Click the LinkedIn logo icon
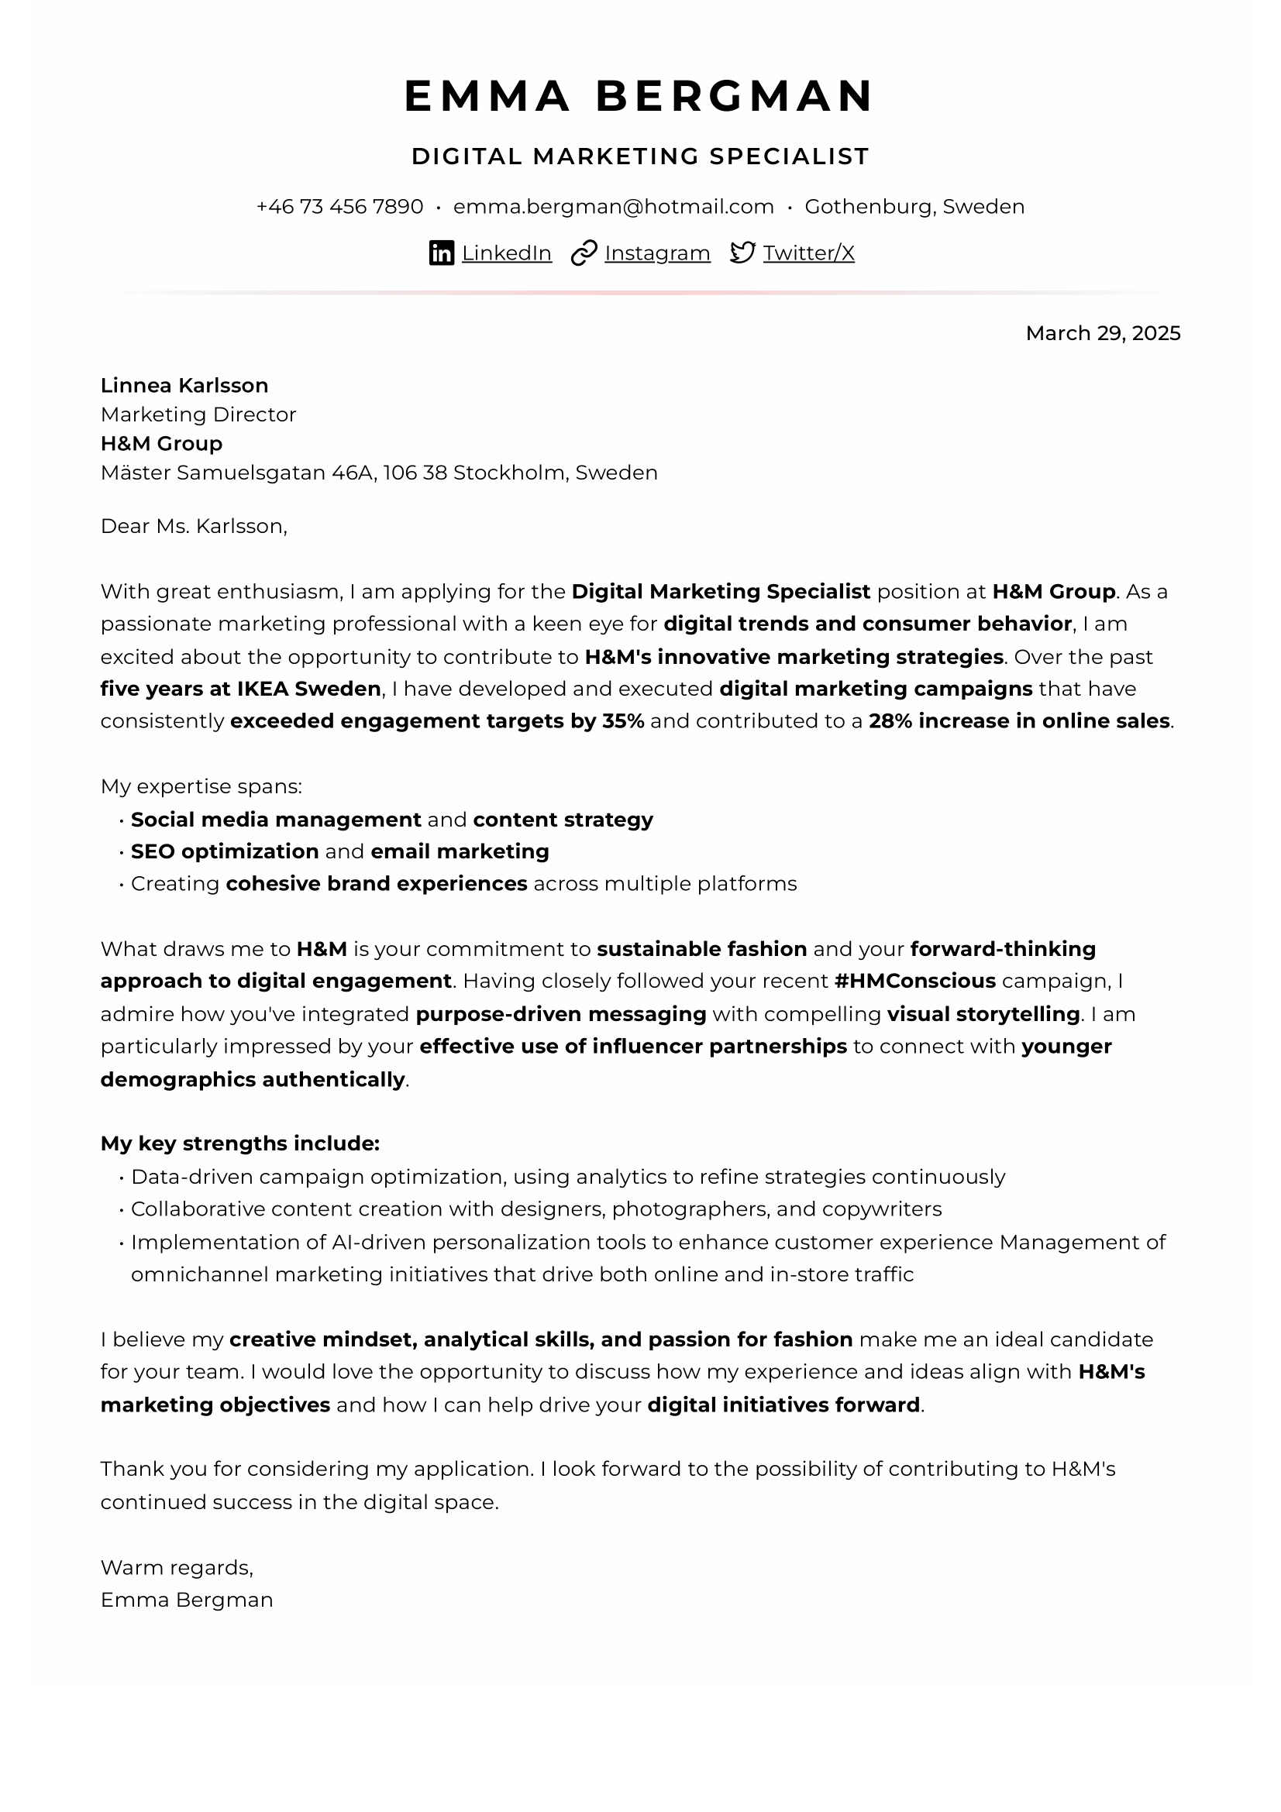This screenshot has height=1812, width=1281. coord(441,253)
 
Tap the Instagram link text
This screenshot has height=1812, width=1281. coord(656,253)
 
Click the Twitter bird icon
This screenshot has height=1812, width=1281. coord(742,253)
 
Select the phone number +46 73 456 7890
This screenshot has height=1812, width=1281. coord(339,207)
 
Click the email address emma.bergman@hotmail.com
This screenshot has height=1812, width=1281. coord(613,207)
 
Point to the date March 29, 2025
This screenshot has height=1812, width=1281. coord(1103,333)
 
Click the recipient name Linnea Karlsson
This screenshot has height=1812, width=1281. coord(184,385)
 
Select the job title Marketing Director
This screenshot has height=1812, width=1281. coord(198,414)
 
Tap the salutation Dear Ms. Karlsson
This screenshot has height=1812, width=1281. coord(194,526)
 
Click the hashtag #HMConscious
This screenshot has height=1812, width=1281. coord(914,981)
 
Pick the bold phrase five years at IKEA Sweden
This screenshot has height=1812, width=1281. coord(241,689)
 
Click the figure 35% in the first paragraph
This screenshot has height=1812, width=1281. coord(624,721)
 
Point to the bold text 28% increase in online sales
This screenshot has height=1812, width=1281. coord(1019,721)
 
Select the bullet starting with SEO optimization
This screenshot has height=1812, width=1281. coord(339,851)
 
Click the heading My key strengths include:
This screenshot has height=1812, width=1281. coord(240,1143)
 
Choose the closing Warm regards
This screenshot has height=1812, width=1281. coord(177,1567)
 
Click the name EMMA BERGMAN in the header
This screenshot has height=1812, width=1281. coord(639,96)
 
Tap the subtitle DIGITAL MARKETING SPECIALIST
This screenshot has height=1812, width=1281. coord(640,156)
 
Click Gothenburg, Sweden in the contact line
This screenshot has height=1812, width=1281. coord(914,207)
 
